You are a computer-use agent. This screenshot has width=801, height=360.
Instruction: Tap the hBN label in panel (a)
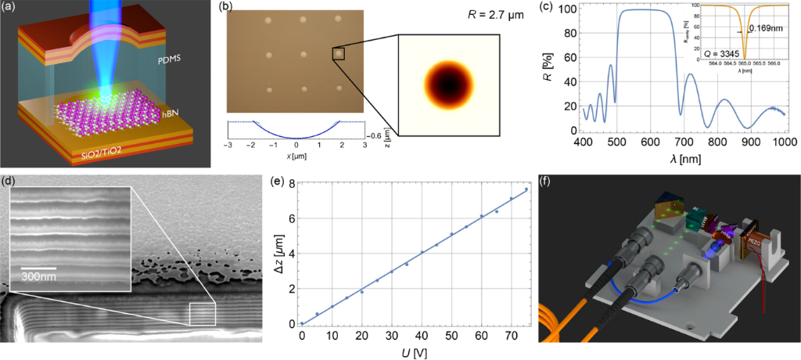pos(171,114)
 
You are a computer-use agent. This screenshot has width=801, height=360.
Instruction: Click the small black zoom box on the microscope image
pos(339,53)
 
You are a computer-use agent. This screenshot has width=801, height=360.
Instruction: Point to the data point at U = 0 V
pos(302,323)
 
